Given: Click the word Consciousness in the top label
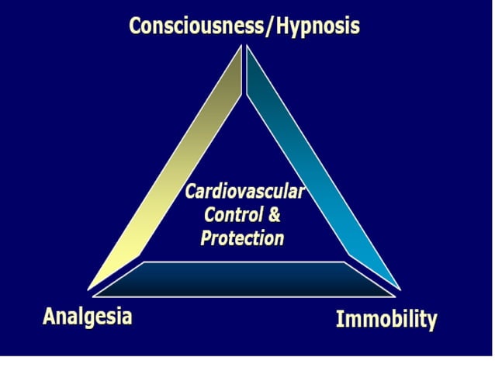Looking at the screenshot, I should pyautogui.click(x=196, y=26).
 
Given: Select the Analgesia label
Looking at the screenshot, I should pyautogui.click(x=87, y=316).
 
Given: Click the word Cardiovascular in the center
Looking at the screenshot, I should pyautogui.click(x=244, y=191).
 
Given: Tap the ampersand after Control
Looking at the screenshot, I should pyautogui.click(x=274, y=215).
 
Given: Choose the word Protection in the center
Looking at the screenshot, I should pyautogui.click(x=242, y=238).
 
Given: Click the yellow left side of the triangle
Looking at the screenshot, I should pyautogui.click(x=171, y=171).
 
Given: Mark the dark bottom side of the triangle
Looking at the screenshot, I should pyautogui.click(x=244, y=279).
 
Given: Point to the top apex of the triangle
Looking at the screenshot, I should pyautogui.click(x=244, y=48).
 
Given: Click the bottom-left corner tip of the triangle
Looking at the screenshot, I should pyautogui.click(x=92, y=290).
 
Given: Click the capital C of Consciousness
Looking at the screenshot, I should pyautogui.click(x=136, y=26).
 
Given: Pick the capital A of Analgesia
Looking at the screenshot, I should pyautogui.click(x=50, y=316).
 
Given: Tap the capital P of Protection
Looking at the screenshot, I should pyautogui.click(x=206, y=238).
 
